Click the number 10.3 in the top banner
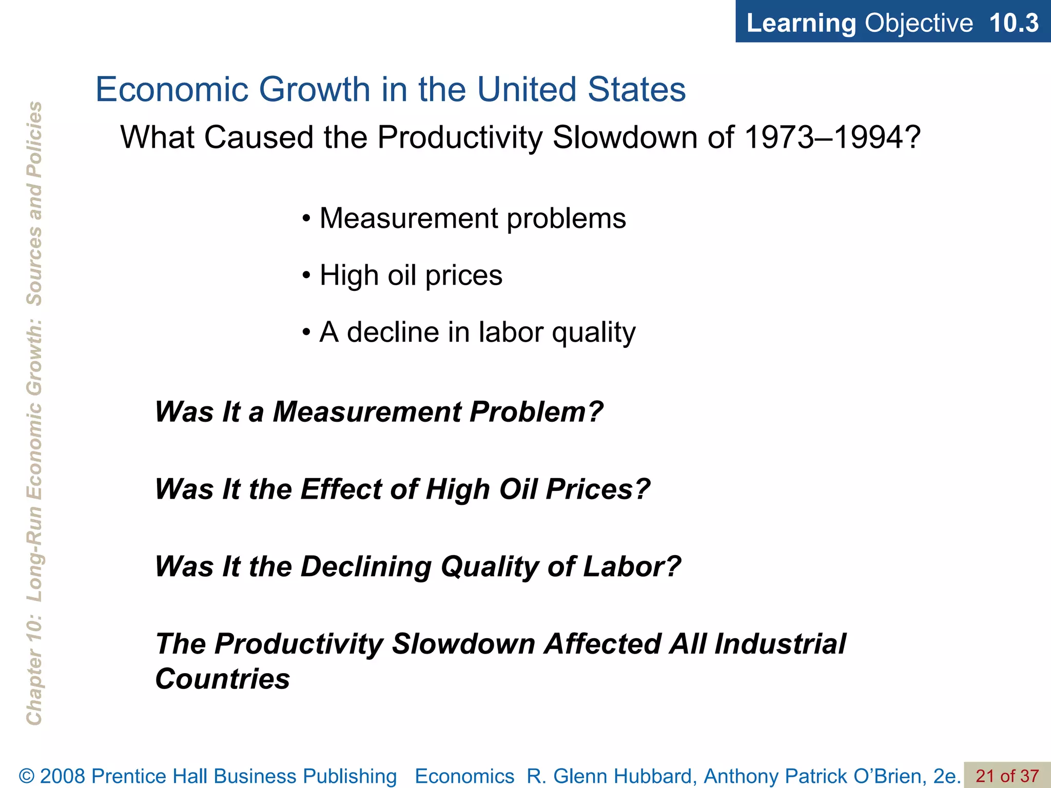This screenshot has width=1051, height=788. point(1014,23)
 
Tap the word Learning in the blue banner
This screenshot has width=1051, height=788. point(801,23)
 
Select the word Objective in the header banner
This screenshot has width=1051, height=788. point(919,23)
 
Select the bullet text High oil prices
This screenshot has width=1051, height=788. point(411,275)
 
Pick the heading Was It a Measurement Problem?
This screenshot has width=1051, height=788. point(379,411)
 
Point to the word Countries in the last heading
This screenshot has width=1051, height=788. point(223,679)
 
